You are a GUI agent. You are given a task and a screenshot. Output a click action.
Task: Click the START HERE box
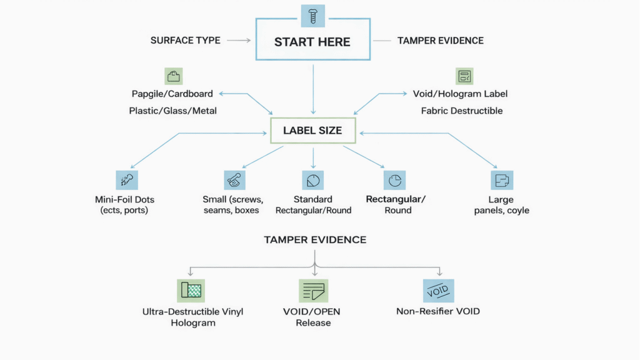tap(312, 42)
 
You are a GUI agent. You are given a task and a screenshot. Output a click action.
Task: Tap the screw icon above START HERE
tap(312, 16)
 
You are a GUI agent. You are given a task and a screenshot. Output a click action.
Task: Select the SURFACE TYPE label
tap(185, 40)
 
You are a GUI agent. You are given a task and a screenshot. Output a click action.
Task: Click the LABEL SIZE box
tap(312, 131)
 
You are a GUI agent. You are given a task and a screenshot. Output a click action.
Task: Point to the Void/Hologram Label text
tap(460, 94)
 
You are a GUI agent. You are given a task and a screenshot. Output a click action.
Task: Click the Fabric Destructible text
tap(461, 111)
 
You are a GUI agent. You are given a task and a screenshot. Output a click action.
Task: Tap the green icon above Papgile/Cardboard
tap(173, 76)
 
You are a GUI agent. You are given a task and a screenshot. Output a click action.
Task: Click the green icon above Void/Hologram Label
tap(464, 76)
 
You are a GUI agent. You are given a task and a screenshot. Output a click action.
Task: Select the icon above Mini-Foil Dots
tap(127, 180)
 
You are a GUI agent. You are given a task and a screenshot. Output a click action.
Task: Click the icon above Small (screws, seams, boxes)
tap(234, 180)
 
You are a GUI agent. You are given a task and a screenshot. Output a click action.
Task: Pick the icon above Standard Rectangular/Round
tap(313, 181)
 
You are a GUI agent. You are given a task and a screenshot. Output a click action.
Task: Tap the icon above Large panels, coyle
tap(501, 180)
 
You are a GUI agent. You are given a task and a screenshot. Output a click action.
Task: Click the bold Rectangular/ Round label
tap(396, 204)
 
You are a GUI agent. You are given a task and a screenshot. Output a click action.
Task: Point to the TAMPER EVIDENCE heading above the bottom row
tap(315, 240)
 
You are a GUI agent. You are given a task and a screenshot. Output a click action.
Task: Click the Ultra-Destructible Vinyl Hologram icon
tap(191, 291)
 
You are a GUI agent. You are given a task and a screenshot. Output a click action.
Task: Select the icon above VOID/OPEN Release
tap(313, 291)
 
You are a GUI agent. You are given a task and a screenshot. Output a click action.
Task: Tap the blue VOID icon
tap(438, 291)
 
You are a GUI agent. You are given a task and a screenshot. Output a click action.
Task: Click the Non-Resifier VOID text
tap(438, 311)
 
